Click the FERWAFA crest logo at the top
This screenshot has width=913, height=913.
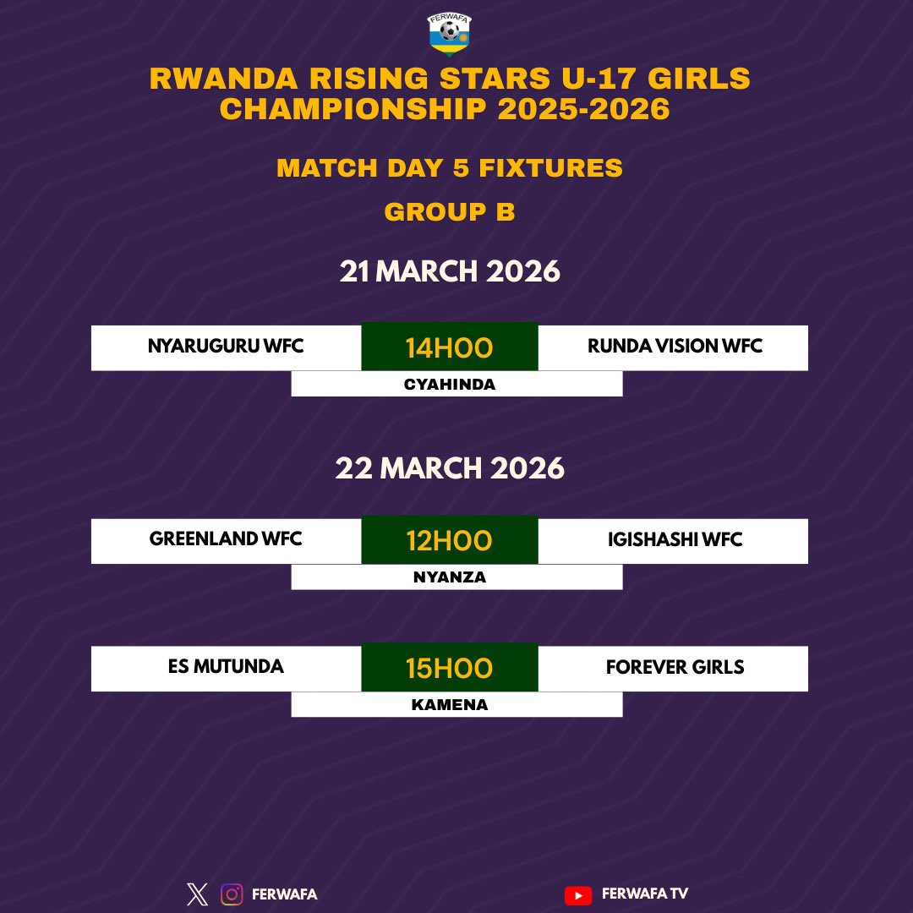[x=450, y=34]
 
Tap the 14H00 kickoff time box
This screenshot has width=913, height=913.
[x=449, y=347]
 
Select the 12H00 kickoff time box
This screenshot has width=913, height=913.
[x=449, y=540]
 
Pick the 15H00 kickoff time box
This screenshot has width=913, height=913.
[x=449, y=668]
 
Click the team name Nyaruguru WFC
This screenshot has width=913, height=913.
[x=226, y=346]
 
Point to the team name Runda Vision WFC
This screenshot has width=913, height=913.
[x=675, y=346]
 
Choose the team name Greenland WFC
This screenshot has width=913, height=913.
[x=226, y=539]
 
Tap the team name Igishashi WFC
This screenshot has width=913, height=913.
[x=675, y=539]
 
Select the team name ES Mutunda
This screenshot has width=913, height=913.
[x=226, y=666]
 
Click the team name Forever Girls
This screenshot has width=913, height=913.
[x=675, y=666]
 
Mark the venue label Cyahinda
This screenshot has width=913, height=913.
[x=449, y=385]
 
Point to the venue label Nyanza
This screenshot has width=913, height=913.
[x=449, y=577]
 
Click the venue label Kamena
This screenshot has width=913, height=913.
[x=449, y=704]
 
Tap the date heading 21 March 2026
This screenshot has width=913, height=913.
[x=450, y=271]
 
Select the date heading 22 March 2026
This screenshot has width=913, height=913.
[x=450, y=467]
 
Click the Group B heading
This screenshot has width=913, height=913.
[x=450, y=211]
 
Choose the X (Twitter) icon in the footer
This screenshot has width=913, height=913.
[x=197, y=894]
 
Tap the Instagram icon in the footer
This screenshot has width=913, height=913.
[x=232, y=894]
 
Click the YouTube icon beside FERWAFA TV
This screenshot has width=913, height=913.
[x=577, y=894]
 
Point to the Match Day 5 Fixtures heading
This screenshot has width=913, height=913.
[x=450, y=167]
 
